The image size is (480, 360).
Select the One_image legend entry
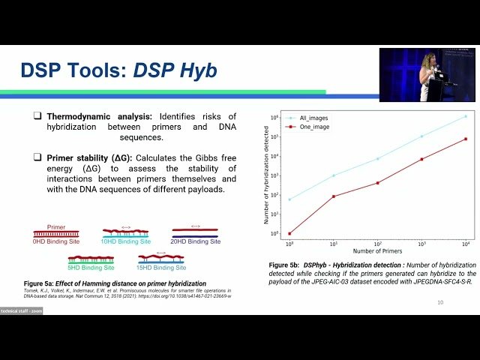click(313, 127)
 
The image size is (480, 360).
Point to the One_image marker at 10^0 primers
click(289, 233)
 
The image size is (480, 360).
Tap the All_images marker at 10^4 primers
click(466, 116)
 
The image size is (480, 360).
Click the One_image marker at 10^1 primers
click(334, 196)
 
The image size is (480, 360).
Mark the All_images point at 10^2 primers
click(378, 158)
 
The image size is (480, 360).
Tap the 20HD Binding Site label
click(195, 242)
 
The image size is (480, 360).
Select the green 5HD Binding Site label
click(90, 267)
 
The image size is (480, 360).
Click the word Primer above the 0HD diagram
click(56, 225)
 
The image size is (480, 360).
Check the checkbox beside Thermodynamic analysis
click(37, 117)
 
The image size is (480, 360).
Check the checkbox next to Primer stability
click(37, 157)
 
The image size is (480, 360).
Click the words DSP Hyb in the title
click(175, 70)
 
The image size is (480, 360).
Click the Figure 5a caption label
click(48, 283)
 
